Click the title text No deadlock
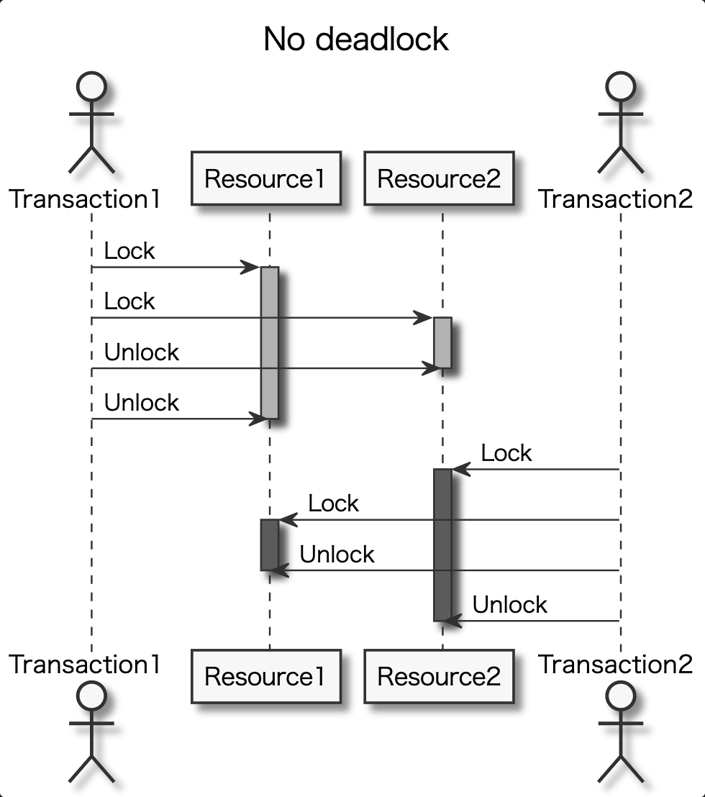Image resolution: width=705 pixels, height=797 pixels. (x=356, y=39)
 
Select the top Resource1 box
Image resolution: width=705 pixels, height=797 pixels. (x=265, y=178)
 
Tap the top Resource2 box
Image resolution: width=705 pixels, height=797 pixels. (x=439, y=178)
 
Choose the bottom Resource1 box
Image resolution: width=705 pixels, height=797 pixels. (x=265, y=676)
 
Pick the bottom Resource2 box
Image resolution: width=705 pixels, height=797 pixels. (x=439, y=676)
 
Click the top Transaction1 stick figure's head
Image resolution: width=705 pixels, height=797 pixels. (x=91, y=86)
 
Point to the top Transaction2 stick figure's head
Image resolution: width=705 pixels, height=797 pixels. (x=620, y=86)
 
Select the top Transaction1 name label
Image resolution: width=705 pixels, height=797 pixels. (x=84, y=199)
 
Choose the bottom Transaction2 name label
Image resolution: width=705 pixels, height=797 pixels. (x=616, y=664)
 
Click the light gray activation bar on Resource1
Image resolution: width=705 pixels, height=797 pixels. (x=269, y=342)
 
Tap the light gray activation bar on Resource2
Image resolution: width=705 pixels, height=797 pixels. (x=442, y=342)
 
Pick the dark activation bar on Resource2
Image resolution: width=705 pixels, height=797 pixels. (x=442, y=545)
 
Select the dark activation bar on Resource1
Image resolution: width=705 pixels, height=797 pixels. (x=269, y=545)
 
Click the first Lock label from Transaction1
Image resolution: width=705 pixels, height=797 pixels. (x=129, y=251)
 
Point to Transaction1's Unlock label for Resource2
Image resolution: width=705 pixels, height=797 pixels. (x=142, y=352)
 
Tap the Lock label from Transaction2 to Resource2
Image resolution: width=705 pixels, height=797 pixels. (x=506, y=453)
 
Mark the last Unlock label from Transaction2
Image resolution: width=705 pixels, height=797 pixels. (x=510, y=605)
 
